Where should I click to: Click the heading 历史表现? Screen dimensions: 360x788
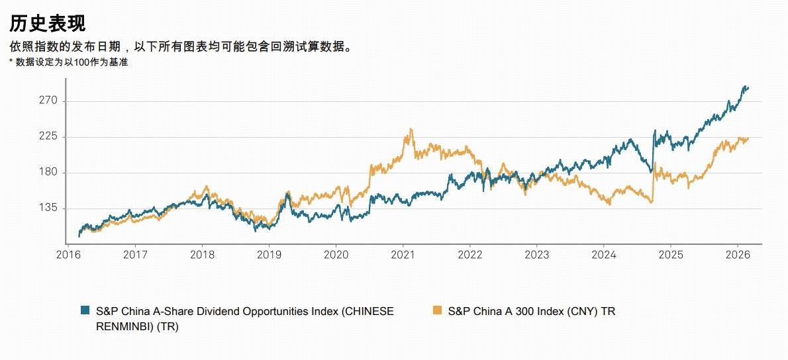[47, 24]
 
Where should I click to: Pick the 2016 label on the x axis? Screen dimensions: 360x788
[68, 255]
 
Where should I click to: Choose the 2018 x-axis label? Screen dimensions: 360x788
[202, 255]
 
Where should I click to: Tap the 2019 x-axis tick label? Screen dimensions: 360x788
[269, 255]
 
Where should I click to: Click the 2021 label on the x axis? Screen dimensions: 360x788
[403, 255]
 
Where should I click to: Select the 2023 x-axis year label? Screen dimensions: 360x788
[536, 255]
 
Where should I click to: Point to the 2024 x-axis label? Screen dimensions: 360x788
[603, 255]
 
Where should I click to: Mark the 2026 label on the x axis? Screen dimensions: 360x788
[737, 255]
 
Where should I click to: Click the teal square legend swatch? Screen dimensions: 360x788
[85, 310]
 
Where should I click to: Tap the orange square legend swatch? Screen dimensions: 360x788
[436, 310]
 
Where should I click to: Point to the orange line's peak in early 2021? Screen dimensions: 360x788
[411, 129]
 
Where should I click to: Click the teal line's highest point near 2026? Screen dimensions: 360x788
[746, 87]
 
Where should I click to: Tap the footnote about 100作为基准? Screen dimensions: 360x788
[69, 62]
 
